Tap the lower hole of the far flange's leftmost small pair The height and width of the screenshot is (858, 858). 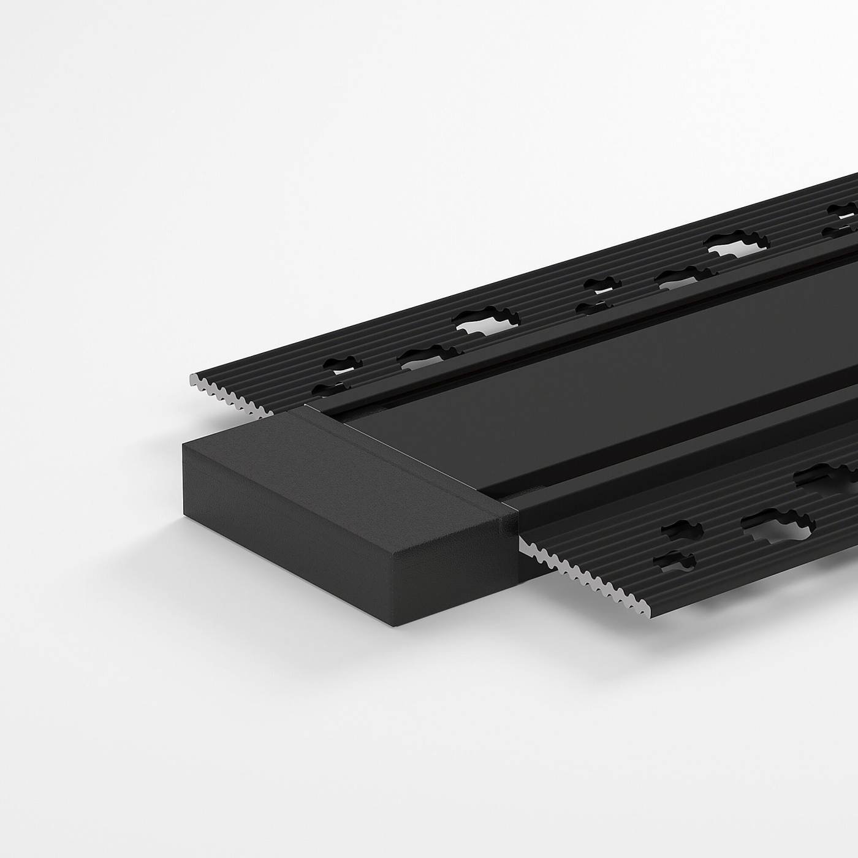coord(328,387)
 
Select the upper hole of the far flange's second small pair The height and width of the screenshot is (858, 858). coord(604,284)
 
